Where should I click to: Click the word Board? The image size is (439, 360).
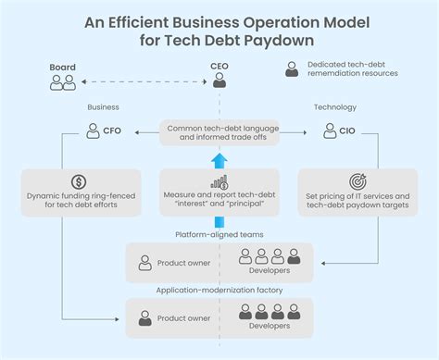coord(63,68)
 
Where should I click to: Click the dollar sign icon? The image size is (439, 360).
coord(80,181)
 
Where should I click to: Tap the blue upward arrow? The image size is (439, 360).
coord(219,159)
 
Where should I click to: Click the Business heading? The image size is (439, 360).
coord(103,107)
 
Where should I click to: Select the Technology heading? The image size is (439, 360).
coord(334,107)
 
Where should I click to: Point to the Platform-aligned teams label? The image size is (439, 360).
coord(219,235)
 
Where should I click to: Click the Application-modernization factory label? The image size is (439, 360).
coord(219,291)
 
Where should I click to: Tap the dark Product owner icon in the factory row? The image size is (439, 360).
coord(144,317)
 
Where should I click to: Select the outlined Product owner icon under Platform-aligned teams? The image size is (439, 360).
coord(144,263)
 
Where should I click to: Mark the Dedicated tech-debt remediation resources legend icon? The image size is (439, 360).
coord(293,69)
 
